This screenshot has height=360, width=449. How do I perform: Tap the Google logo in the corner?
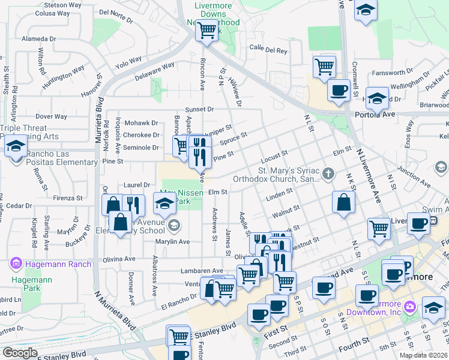click(x=20, y=353)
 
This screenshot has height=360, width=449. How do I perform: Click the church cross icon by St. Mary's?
click(x=328, y=174)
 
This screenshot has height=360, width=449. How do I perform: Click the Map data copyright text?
click(x=423, y=355)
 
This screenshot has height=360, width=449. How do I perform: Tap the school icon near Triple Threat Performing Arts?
click(x=16, y=146)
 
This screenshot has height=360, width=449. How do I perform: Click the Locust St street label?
click(x=275, y=158)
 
